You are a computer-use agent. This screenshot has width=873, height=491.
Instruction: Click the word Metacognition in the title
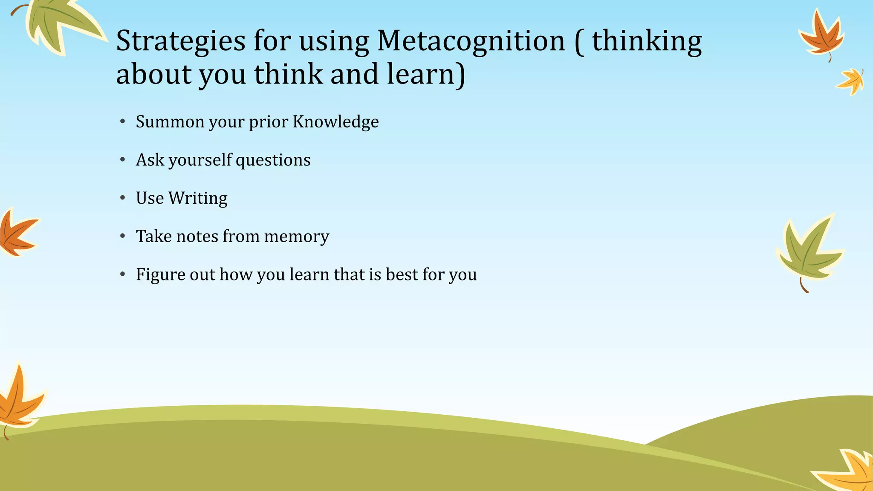point(471,41)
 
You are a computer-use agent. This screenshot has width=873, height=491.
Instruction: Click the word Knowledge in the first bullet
point(335,122)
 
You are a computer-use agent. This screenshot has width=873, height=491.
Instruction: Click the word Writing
point(198,199)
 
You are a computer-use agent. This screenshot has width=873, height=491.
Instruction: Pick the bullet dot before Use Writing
point(123,198)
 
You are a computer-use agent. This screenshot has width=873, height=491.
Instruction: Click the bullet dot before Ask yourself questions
point(123,160)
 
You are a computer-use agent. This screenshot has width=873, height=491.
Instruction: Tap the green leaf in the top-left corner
point(60,23)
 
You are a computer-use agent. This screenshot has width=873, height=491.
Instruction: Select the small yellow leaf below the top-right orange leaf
point(851,81)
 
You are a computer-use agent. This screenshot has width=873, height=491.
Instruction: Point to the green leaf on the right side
point(808,251)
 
